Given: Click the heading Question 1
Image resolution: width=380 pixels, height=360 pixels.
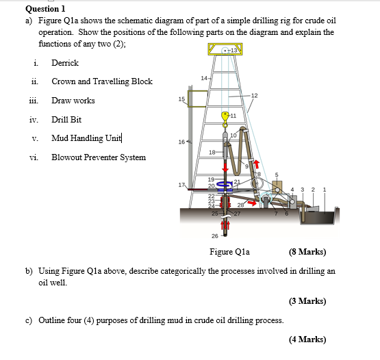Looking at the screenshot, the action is click(45, 9).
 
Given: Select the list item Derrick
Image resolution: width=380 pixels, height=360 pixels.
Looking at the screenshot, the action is click(65, 63).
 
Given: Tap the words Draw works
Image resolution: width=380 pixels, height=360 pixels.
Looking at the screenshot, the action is click(73, 101).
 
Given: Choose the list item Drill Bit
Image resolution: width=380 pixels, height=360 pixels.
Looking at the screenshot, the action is click(66, 120).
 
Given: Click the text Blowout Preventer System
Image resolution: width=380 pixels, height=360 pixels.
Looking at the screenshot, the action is click(99, 157).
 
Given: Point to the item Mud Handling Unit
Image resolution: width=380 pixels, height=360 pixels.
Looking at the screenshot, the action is click(86, 138).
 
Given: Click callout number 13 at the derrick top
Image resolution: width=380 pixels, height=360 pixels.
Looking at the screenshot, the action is click(234, 51).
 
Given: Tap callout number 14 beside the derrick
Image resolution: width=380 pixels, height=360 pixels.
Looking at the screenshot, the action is click(204, 78).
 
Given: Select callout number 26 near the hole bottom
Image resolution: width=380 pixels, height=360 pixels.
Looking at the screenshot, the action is click(215, 236).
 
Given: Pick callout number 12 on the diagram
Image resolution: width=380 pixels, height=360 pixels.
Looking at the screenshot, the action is click(255, 96).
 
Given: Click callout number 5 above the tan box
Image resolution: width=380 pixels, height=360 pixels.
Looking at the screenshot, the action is click(277, 175).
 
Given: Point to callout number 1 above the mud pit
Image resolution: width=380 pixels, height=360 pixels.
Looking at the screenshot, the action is click(325, 190).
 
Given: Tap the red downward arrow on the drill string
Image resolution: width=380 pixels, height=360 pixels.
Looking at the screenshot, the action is click(226, 168).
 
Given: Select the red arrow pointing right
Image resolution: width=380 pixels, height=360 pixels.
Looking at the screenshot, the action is click(252, 203).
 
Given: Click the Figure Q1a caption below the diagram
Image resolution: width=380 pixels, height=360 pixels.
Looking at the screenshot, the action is click(229, 252).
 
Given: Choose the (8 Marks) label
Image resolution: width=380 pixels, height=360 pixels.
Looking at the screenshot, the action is click(307, 252).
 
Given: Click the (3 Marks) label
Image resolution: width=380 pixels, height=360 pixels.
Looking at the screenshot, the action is click(307, 301).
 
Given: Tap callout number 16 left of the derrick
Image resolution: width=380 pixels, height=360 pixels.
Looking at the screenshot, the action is click(181, 142).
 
